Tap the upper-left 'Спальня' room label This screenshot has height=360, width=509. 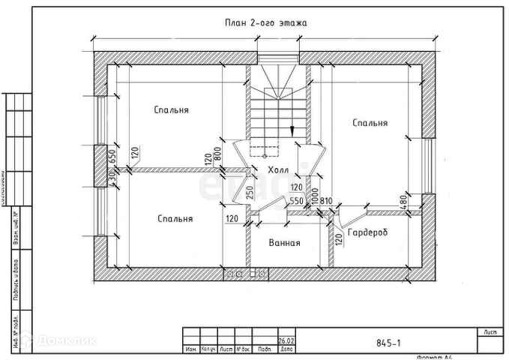pyautogui.click(x=171, y=110)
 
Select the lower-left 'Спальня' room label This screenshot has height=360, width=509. pyautogui.click(x=175, y=219)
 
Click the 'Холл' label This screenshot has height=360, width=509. pyautogui.click(x=277, y=171)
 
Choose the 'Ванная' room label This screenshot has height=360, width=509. pyautogui.click(x=285, y=243)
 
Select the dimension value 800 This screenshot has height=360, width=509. pyautogui.click(x=218, y=154)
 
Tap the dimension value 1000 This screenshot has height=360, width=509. pyautogui.click(x=316, y=194)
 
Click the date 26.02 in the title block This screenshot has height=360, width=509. pyautogui.click(x=286, y=340)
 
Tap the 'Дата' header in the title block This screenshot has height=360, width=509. pyautogui.click(x=286, y=349)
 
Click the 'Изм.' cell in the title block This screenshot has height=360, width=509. pyautogui.click(x=191, y=349)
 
